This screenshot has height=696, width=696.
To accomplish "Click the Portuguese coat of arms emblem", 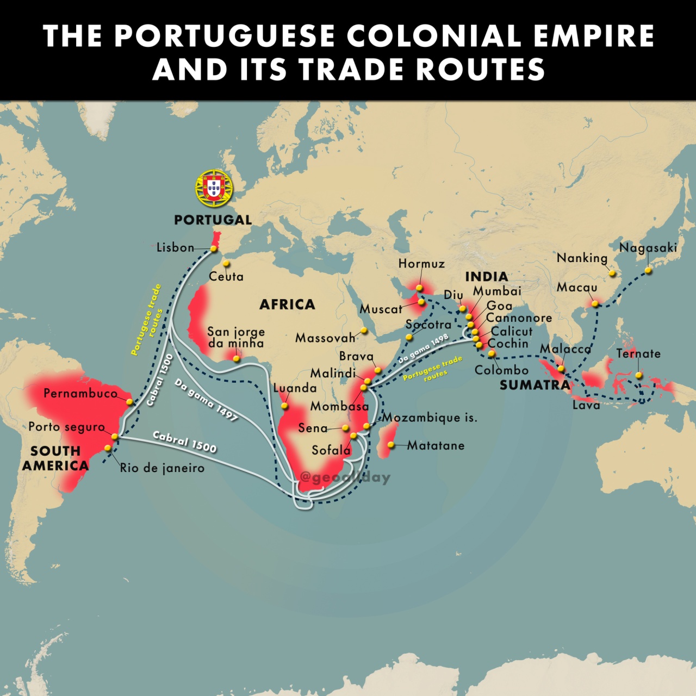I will coord(214,188).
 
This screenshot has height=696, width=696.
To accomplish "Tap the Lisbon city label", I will coord(175,247).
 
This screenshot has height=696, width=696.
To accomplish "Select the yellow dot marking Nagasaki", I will coord(648,270).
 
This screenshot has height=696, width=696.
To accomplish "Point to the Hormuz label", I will coord(421,264).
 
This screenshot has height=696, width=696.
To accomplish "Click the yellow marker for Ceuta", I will coord(226,263).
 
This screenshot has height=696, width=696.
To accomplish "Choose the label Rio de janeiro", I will coord(162,468).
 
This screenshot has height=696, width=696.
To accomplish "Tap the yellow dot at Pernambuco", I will coord(129,402).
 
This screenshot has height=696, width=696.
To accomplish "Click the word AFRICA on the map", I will coord(287,304).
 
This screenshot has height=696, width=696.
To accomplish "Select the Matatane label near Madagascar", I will coord(436,445).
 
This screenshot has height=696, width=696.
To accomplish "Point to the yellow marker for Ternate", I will coord(639,375).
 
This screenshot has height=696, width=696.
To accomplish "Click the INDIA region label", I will coord(487,276).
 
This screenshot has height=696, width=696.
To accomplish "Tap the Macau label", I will coord(576,287).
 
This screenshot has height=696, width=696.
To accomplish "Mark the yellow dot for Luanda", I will coord(284,406).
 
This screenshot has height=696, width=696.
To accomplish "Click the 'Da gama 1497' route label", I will coord(206,400).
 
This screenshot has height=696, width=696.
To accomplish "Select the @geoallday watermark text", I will coord(345,477).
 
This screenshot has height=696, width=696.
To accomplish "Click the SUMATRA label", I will coord(535,385).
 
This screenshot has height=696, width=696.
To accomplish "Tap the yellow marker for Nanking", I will coord(612,273).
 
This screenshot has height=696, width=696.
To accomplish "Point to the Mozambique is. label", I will coord(430,418).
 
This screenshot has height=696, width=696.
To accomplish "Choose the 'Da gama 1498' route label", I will coord(423,349).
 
